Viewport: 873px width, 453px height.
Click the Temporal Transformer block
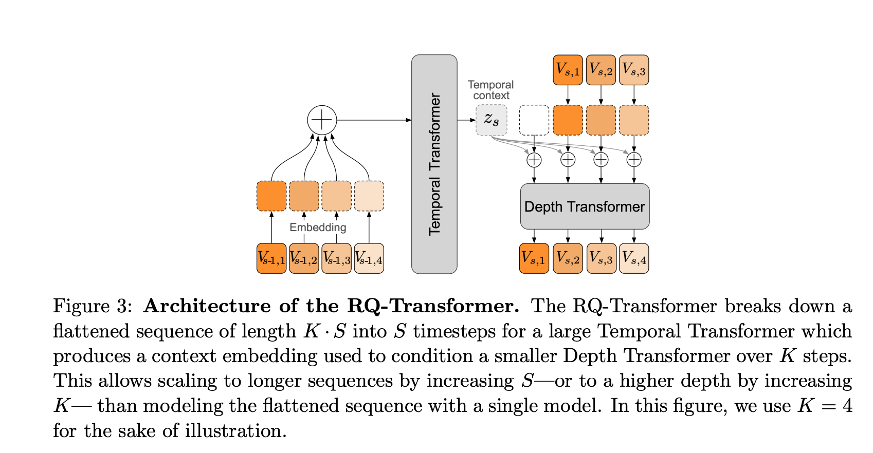click(x=434, y=164)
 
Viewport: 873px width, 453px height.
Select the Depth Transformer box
click(x=585, y=206)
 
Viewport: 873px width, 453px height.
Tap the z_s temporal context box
click(x=492, y=120)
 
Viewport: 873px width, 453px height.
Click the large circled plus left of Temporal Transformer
click(x=322, y=120)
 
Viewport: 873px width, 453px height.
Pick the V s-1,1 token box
click(x=271, y=258)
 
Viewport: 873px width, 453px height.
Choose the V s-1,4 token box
click(x=369, y=258)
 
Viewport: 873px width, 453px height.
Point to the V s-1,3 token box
click(x=337, y=258)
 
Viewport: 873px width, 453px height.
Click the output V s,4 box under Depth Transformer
click(x=634, y=258)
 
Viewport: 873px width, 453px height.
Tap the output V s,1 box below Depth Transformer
click(x=534, y=258)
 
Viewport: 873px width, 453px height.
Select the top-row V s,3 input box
click(x=634, y=70)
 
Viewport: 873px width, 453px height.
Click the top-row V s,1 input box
click(x=568, y=70)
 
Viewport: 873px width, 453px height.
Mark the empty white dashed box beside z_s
click(x=534, y=120)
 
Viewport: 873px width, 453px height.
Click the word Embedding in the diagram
click(x=318, y=228)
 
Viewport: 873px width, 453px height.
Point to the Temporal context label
click(x=491, y=90)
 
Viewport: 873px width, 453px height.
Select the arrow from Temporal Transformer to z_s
click(x=466, y=120)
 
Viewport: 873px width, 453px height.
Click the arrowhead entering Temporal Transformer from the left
click(x=409, y=120)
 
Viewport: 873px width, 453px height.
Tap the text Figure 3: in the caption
click(x=93, y=306)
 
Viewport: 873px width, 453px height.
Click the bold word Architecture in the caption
click(x=207, y=306)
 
